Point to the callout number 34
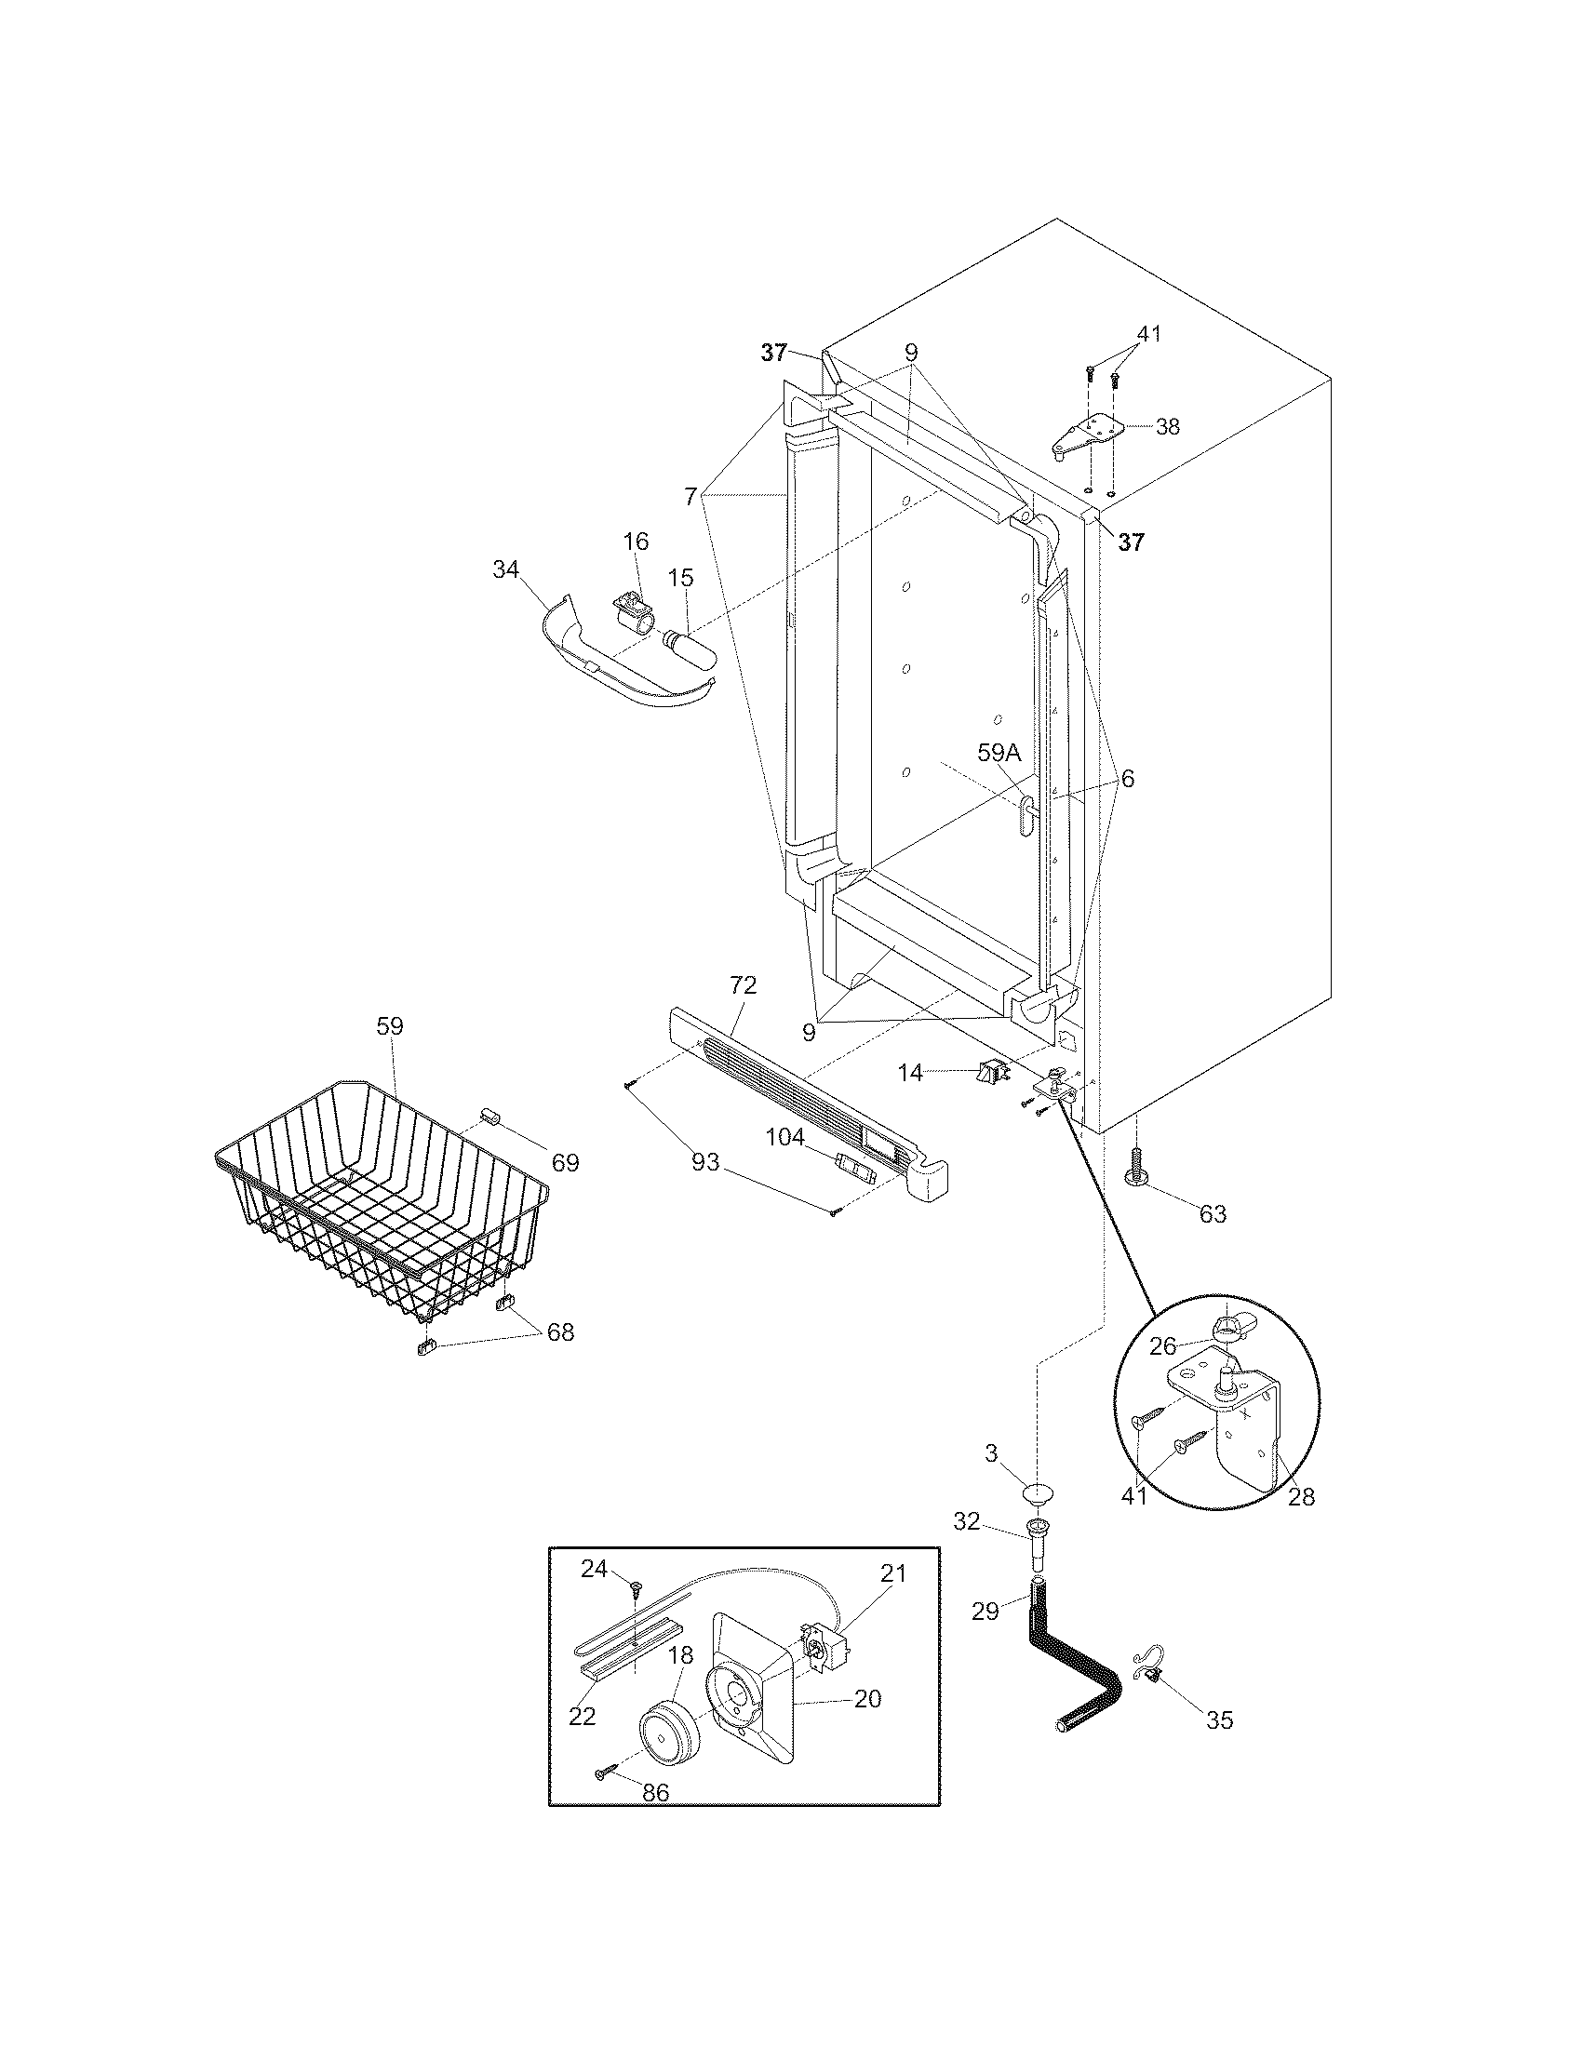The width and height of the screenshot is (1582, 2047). (x=507, y=569)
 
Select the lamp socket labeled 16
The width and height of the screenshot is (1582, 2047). (x=630, y=614)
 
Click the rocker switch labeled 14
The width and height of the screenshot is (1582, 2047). (x=990, y=1070)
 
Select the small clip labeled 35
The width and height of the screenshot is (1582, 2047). (x=1149, y=1672)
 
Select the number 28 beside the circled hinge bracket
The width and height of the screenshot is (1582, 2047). (x=1300, y=1497)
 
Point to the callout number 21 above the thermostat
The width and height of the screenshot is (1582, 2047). (x=893, y=1572)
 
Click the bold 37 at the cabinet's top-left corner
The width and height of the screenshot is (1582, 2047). (x=773, y=353)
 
